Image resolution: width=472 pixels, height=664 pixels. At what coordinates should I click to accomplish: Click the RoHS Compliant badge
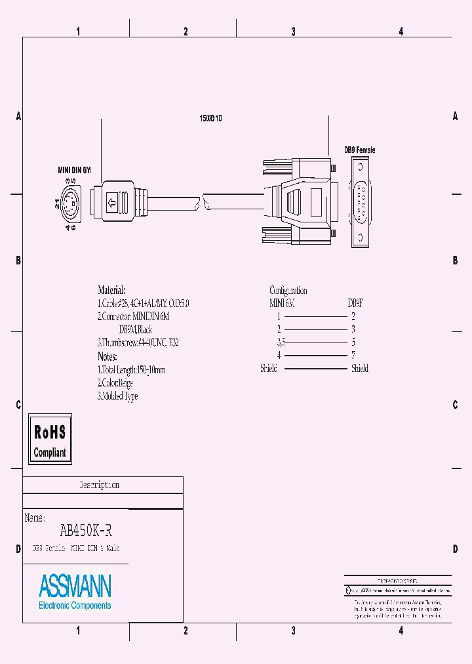pos(50,439)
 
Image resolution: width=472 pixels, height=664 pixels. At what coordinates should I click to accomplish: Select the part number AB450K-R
pos(81,530)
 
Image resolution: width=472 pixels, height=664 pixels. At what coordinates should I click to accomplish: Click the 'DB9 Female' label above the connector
pos(360,150)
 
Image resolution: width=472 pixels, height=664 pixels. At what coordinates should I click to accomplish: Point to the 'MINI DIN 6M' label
pos(74,170)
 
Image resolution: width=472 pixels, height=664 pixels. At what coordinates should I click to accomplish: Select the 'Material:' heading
pos(111,290)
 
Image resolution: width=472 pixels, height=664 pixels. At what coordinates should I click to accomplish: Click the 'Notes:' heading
pos(107,356)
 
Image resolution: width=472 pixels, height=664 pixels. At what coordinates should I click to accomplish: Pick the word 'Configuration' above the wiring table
pos(288,290)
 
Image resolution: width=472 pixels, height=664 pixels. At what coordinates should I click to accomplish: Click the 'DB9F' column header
pos(355,303)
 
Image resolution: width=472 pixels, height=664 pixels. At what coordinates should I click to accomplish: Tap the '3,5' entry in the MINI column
pos(281,342)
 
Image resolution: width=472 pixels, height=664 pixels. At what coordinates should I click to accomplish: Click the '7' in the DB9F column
pos(353,356)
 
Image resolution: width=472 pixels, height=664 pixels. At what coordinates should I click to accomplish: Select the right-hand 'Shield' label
pos(359,369)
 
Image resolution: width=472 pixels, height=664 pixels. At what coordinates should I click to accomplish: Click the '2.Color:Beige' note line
pos(115,383)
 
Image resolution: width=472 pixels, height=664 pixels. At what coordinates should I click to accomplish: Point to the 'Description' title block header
pos(99,486)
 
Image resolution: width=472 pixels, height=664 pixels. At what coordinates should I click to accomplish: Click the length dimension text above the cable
pos(210,119)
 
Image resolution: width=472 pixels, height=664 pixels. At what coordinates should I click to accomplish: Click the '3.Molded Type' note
pos(117,396)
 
